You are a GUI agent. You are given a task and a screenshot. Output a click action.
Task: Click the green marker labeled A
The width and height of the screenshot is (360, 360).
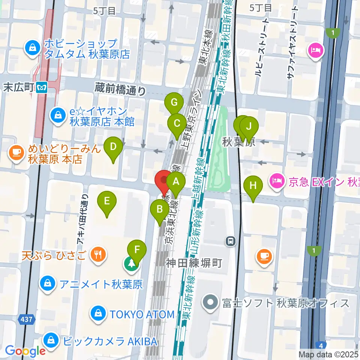[x=176, y=183]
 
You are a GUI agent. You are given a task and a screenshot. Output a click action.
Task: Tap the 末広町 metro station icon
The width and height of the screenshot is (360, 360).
[x=41, y=88]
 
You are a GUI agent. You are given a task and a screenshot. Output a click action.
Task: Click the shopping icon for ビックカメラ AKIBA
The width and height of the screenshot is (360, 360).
[x=50, y=340]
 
